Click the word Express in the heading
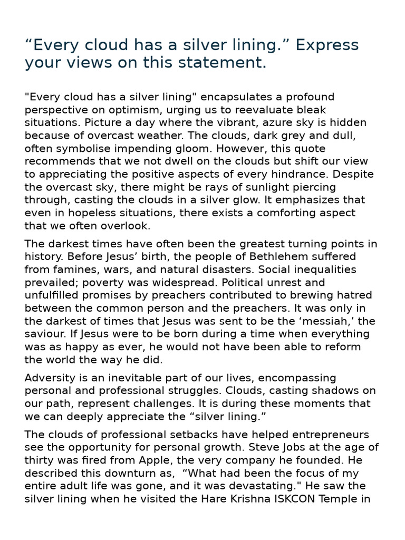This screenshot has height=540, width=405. click(327, 45)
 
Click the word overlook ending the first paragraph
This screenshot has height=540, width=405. click(124, 226)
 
